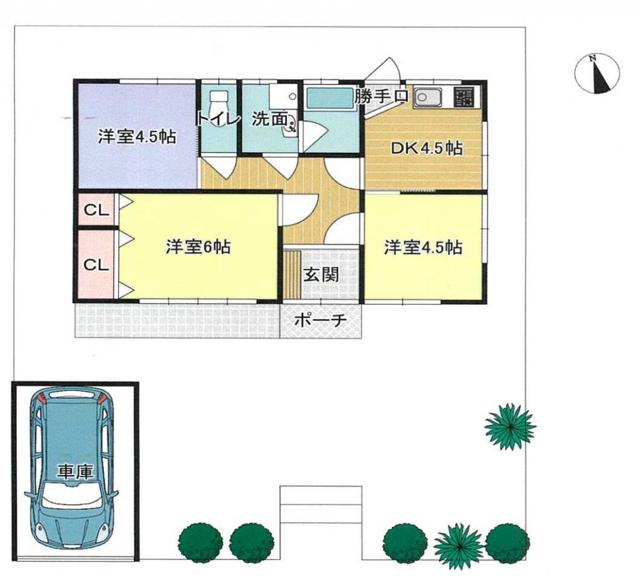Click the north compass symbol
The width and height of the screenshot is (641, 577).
(x=597, y=74)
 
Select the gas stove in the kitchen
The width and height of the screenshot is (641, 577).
(x=464, y=97)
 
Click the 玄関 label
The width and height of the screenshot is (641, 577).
(x=321, y=275)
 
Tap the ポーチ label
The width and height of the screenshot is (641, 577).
(x=320, y=320)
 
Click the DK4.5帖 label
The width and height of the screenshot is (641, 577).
(x=426, y=148)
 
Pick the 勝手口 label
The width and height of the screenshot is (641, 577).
(x=381, y=96)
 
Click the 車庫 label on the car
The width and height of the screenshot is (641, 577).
(x=75, y=472)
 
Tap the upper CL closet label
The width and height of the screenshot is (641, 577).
(x=96, y=210)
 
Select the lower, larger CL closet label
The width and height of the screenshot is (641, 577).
(x=96, y=265)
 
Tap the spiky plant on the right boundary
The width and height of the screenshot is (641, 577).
(x=510, y=426)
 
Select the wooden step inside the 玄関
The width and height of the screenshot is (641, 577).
(x=292, y=275)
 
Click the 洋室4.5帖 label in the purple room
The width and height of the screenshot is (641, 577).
(x=137, y=137)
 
